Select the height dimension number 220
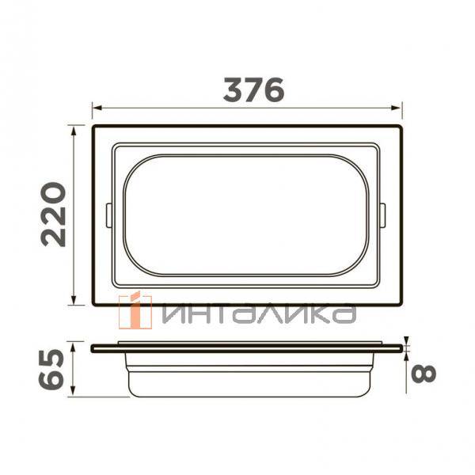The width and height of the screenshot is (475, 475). click(x=54, y=215)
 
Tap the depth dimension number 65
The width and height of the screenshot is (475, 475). click(x=52, y=369)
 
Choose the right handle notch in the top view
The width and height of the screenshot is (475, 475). click(x=383, y=215)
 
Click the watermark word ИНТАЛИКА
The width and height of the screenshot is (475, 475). click(x=256, y=314)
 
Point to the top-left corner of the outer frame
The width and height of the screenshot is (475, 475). click(x=93, y=126)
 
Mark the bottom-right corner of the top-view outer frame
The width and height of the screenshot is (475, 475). click(x=401, y=305)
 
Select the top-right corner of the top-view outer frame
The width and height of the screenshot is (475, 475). click(x=401, y=126)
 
